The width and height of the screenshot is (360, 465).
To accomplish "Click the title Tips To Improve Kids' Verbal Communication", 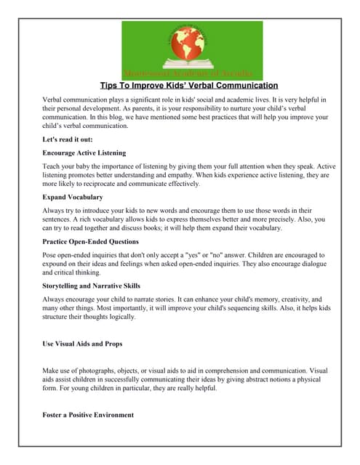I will click(188, 85).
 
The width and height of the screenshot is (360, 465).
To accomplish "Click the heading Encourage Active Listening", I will click(84, 153).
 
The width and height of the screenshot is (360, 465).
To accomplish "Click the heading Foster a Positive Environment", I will click(89, 415).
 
